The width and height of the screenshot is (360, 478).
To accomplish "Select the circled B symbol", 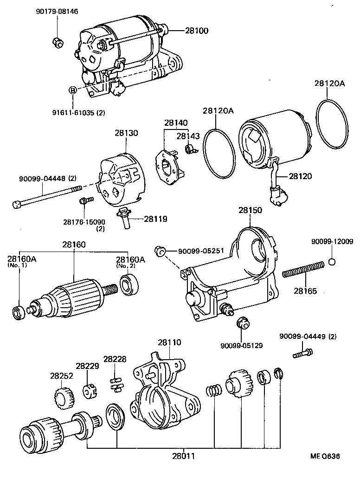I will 73,90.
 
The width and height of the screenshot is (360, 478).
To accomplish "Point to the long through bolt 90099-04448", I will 46,195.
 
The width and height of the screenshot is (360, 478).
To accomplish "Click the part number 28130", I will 127,133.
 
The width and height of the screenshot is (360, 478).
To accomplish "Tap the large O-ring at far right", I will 332,124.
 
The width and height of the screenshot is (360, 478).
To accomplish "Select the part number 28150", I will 251,210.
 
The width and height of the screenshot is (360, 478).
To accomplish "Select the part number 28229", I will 88,366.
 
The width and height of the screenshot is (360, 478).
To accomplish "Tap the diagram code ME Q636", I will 325,456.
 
